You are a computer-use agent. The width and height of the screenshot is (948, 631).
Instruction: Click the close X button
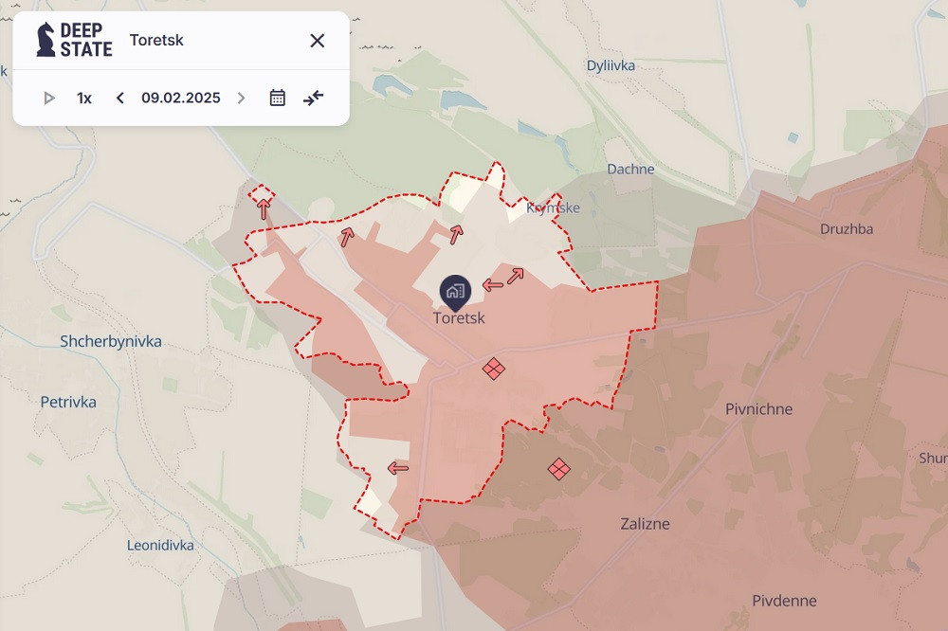(x=318, y=40)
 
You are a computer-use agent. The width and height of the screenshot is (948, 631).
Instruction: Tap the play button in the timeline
(x=49, y=98)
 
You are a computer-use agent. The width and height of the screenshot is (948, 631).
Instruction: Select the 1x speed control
(x=84, y=98)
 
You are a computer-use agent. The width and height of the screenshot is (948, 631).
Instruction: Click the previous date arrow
(x=120, y=98)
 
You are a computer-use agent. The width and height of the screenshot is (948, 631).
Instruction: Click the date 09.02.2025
(x=181, y=98)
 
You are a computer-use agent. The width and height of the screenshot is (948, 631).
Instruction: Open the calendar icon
(x=277, y=98)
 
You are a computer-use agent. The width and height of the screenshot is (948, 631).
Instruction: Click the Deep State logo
(x=74, y=40)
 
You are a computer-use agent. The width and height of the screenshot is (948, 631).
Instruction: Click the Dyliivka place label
(x=611, y=65)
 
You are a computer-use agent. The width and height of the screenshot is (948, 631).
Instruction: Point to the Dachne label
(x=630, y=169)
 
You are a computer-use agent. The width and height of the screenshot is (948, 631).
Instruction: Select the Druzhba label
(x=847, y=228)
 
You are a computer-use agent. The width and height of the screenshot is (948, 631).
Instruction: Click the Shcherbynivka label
(x=111, y=341)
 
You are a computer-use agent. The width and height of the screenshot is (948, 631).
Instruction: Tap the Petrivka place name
(x=68, y=402)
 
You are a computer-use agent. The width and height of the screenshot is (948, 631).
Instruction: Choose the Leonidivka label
(x=160, y=545)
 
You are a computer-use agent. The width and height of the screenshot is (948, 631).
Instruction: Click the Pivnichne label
(x=758, y=409)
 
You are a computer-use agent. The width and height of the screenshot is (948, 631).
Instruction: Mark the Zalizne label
(x=645, y=523)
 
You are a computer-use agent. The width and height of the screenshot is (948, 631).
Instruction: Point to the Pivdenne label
(x=784, y=601)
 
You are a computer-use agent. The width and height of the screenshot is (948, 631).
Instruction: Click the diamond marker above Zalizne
(x=559, y=468)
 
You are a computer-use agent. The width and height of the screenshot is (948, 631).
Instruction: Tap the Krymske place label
(x=553, y=207)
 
